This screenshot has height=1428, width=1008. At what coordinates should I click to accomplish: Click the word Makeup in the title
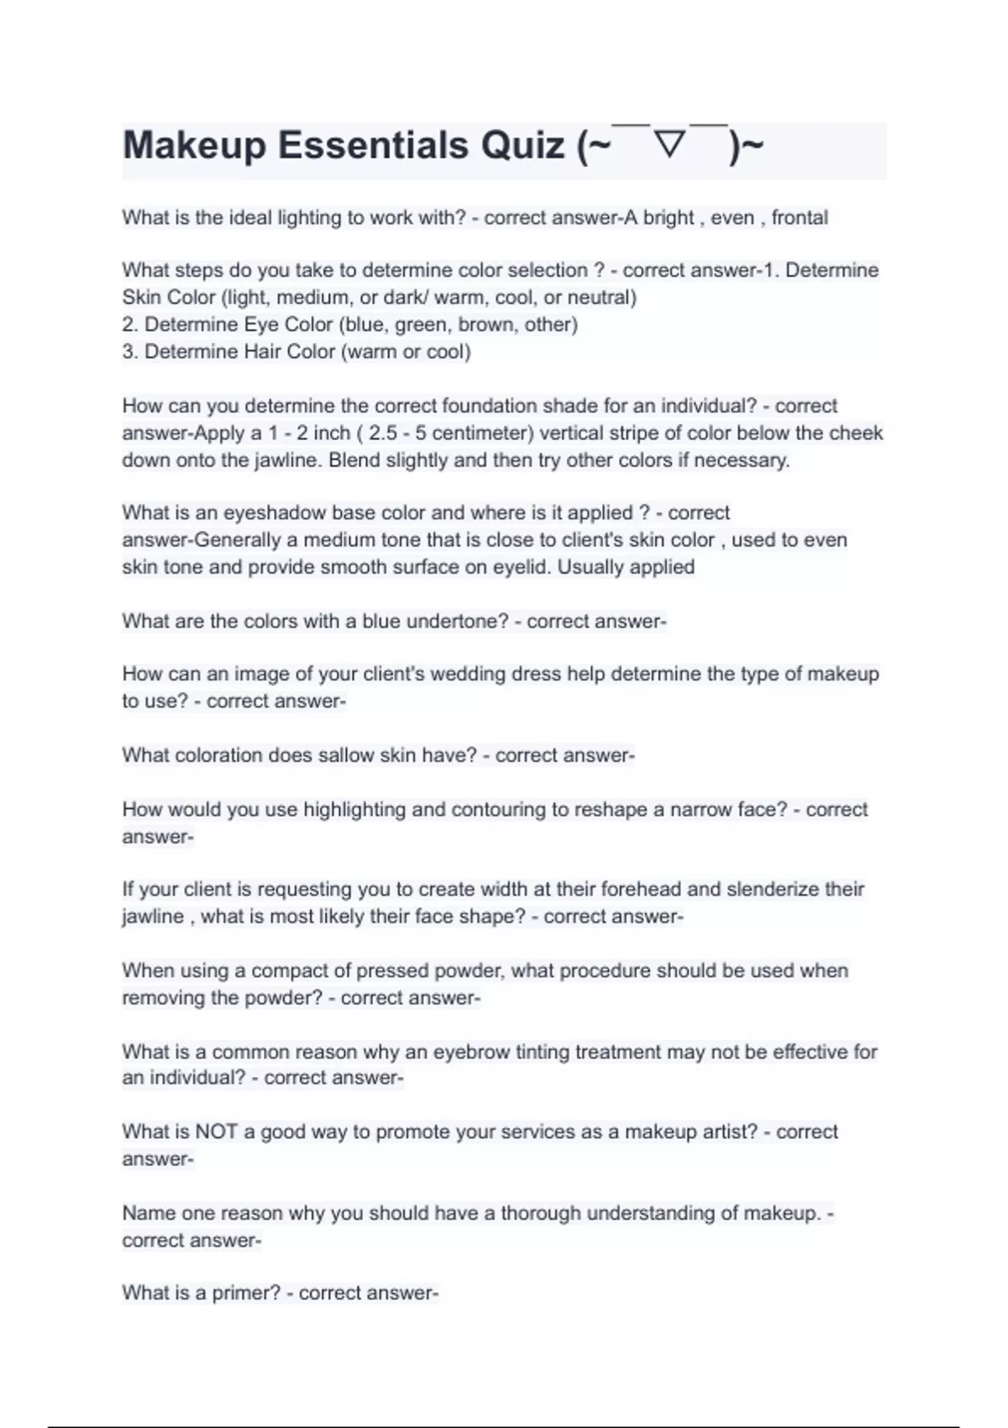(194, 145)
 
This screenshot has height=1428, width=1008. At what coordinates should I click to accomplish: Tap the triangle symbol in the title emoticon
(669, 145)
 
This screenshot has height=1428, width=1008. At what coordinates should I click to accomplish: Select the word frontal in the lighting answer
(800, 218)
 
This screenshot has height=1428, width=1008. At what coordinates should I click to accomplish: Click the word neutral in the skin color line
(598, 297)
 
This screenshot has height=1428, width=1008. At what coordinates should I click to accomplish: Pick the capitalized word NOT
(217, 1131)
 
